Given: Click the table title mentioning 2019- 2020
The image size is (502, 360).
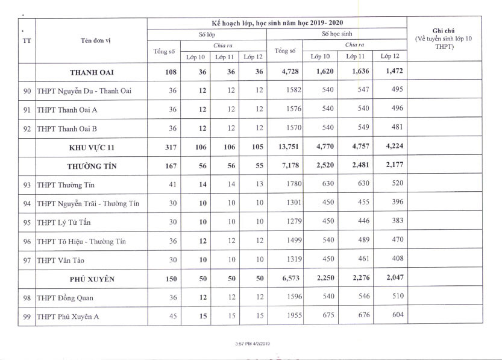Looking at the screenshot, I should point(277,22).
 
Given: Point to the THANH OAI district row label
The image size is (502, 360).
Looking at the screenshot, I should point(92,72).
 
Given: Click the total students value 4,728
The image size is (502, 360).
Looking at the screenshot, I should point(284,72).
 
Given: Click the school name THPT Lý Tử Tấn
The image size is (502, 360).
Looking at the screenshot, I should point(68,222).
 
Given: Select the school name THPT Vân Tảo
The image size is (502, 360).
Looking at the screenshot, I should point(62,259).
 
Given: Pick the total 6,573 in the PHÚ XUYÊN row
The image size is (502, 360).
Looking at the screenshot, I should point(284,279).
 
